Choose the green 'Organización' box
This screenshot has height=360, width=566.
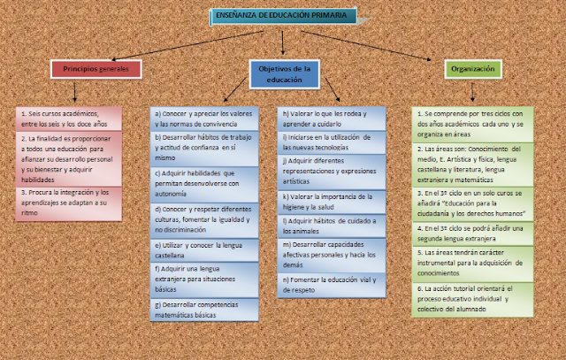point(471,68)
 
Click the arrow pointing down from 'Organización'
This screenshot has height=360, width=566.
point(471,92)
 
